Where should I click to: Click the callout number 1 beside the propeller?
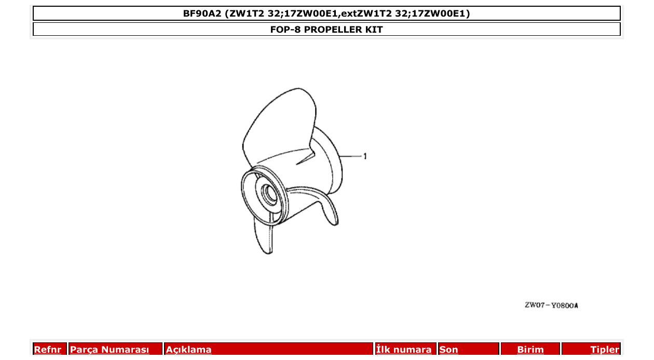coord(365,156)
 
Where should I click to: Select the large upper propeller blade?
coord(278,127)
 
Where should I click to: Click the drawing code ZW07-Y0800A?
coord(551,305)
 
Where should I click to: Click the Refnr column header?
coord(47,350)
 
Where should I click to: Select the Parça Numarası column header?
coord(110,350)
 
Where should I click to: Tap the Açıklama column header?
coord(189,350)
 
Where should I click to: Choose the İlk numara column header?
coord(404,350)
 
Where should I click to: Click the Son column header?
coord(449,350)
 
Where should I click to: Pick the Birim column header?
coord(530,350)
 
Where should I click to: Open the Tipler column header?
coord(605,350)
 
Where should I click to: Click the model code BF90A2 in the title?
coord(203,13)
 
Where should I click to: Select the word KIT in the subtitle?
coord(375,30)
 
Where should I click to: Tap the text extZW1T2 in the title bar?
coord(367,13)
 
